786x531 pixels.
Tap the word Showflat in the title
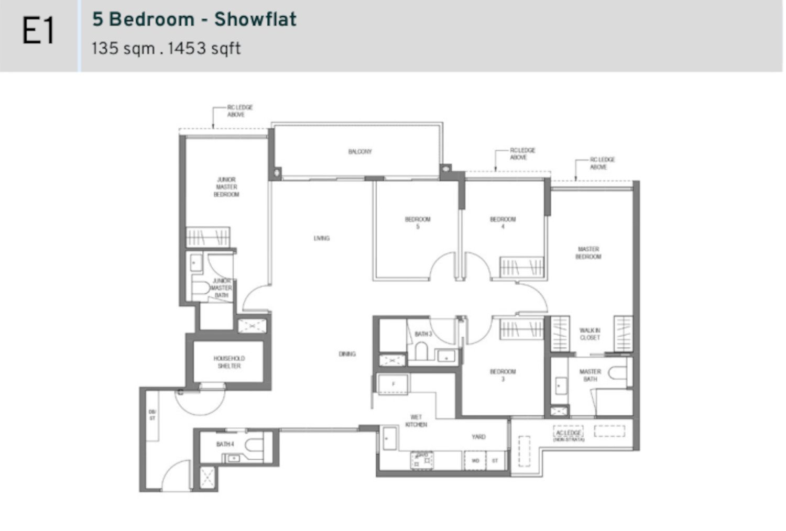[x=255, y=19]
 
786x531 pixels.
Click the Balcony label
[x=360, y=152]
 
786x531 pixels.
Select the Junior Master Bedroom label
[x=226, y=187]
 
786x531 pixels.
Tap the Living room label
[x=322, y=238]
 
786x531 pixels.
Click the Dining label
[x=347, y=354]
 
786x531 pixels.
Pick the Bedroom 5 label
[x=418, y=223]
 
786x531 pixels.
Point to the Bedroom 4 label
[x=503, y=223]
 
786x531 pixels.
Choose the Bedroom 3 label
[x=503, y=375]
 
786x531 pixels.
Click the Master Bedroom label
[x=588, y=253]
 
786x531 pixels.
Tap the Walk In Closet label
[x=589, y=334]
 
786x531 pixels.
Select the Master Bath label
[x=590, y=375]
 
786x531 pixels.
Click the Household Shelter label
[x=229, y=362]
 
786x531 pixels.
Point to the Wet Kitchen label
[x=416, y=421]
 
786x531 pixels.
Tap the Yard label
[x=478, y=437]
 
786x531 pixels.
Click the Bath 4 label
[x=225, y=445]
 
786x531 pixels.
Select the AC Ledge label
[x=569, y=434]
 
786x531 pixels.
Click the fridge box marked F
[x=394, y=384]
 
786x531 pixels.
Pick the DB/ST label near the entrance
[x=152, y=414]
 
